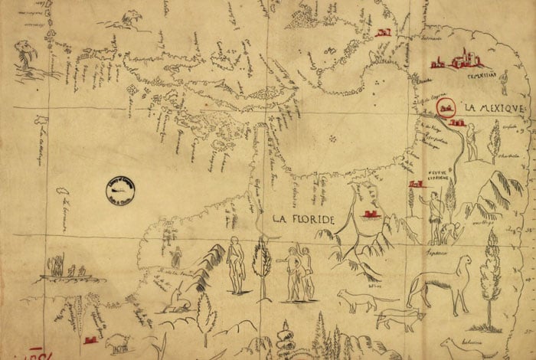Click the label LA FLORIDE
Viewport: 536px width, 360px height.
pos(305,220)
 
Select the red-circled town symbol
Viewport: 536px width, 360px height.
pos(445,110)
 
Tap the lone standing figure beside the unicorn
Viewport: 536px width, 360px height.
pos(176,256)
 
